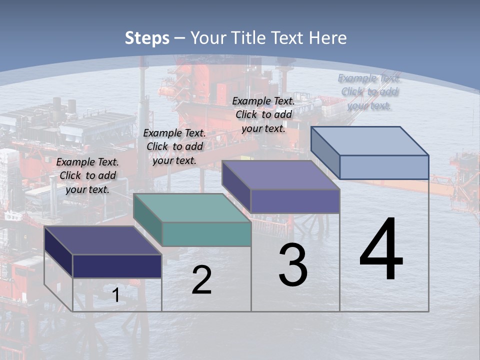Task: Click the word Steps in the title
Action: tap(147, 38)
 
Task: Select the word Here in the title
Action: tap(327, 38)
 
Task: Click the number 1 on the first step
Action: tap(116, 295)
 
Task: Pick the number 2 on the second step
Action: tap(201, 280)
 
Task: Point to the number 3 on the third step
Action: tap(293, 265)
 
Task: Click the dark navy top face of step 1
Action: tap(102, 240)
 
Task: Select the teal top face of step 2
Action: tap(192, 208)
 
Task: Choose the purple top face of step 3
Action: tap(280, 175)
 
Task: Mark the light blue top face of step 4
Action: tap(370, 141)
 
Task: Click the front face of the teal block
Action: tap(206, 234)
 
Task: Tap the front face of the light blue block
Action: tap(384, 167)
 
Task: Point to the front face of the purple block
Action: tap(295, 201)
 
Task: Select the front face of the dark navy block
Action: tap(117, 266)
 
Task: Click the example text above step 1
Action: tap(87, 175)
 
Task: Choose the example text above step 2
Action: tap(174, 146)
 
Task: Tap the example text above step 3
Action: tap(263, 114)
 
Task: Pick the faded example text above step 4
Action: tap(369, 91)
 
